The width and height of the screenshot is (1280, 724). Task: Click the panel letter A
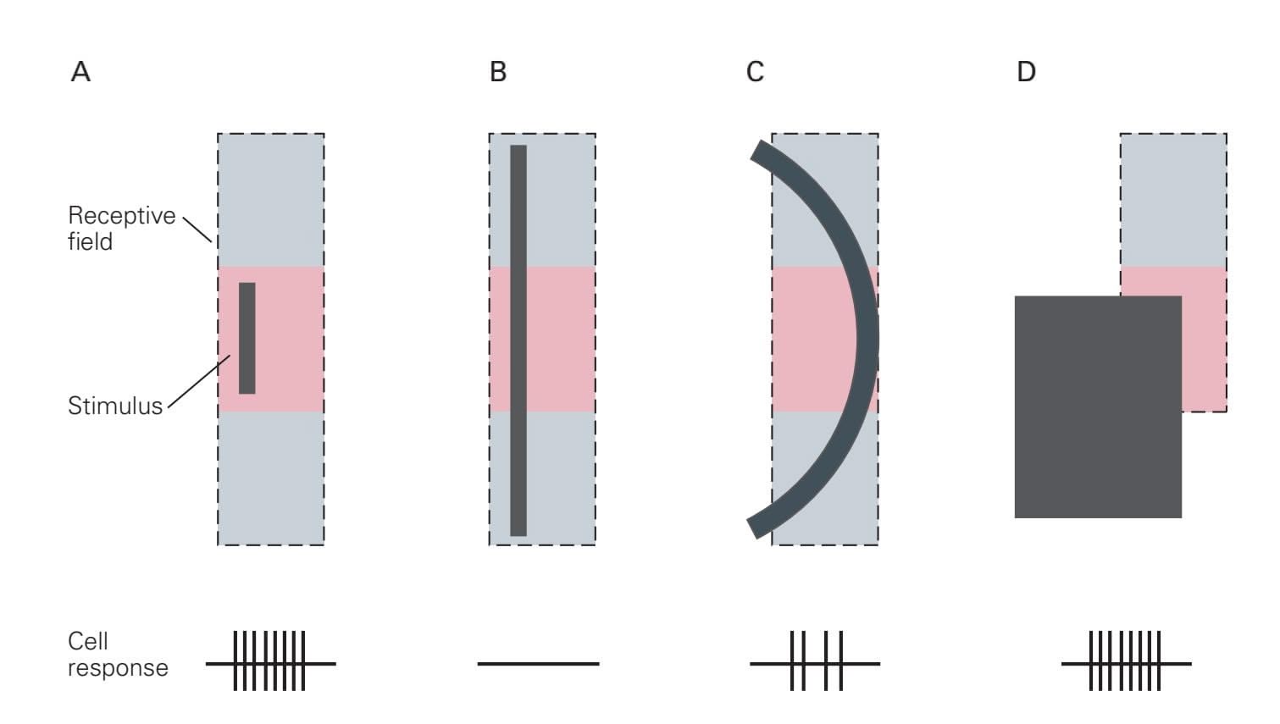coord(80,72)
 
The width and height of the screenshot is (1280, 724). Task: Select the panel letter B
coord(498,72)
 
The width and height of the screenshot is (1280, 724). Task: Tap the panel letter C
coord(755,72)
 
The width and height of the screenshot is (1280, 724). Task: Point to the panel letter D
coord(1026,72)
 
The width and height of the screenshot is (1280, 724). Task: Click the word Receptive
coord(122,216)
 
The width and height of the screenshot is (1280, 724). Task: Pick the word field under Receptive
coord(90,241)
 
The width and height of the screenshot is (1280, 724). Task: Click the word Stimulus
coord(115,406)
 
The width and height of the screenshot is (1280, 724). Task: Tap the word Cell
coord(87,641)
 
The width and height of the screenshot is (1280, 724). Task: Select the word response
coord(118,667)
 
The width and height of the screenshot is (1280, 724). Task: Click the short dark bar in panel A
coord(247,338)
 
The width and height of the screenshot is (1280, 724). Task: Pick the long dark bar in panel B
coord(518,340)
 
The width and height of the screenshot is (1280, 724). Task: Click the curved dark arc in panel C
coord(867,340)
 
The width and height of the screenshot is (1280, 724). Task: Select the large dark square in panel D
coord(1098,407)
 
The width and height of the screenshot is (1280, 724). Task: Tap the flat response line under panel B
coord(538,664)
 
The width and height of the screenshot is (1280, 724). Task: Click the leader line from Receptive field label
coord(197,229)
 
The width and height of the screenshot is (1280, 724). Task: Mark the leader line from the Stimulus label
coord(199,382)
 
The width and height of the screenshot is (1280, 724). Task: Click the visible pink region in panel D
coord(1205,343)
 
